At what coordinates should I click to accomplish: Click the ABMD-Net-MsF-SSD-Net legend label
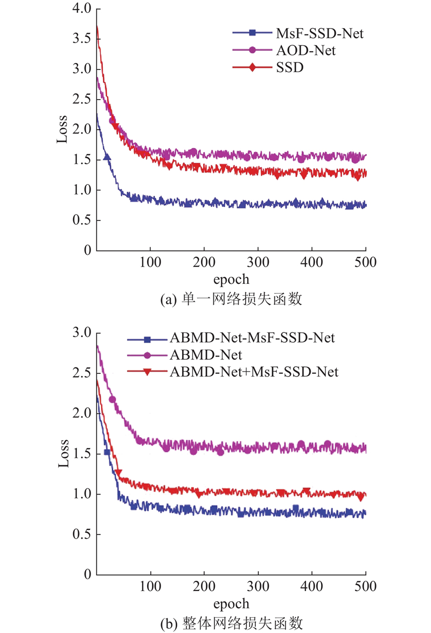[252, 338]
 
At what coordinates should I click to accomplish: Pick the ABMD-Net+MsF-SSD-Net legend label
[254, 371]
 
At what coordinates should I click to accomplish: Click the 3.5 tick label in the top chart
[81, 39]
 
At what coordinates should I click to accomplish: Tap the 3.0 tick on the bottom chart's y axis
[81, 333]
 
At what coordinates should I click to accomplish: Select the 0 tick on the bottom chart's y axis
[86, 575]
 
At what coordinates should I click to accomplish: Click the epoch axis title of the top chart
[232, 279]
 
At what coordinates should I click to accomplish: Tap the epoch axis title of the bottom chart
[232, 603]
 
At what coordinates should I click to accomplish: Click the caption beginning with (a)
[232, 300]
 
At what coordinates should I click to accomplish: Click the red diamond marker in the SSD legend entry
[252, 69]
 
